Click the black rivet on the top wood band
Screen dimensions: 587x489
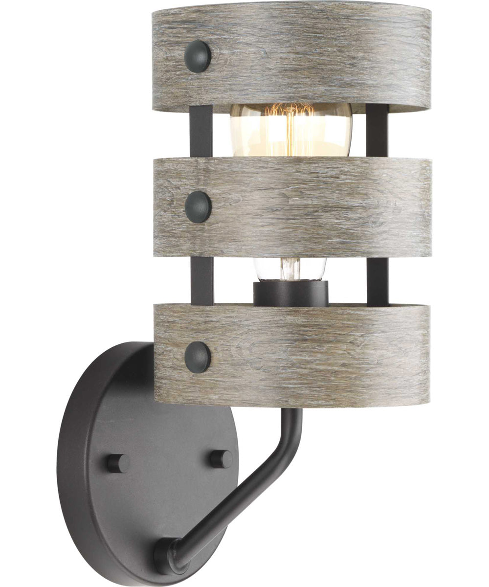[198, 56]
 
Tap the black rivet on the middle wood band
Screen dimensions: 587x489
[198, 206]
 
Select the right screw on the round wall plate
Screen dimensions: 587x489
[222, 458]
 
